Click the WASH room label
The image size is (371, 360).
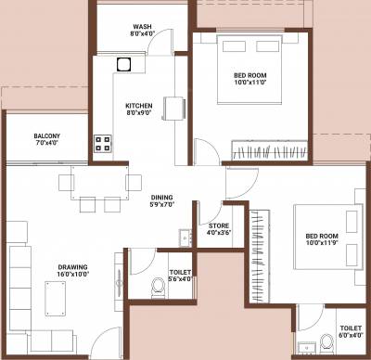142,28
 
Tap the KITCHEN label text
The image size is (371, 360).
139,106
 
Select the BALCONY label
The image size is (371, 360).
46,135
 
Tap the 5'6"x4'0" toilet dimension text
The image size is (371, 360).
181,278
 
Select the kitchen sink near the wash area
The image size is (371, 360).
123,65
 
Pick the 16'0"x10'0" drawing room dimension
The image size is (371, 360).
73,275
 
